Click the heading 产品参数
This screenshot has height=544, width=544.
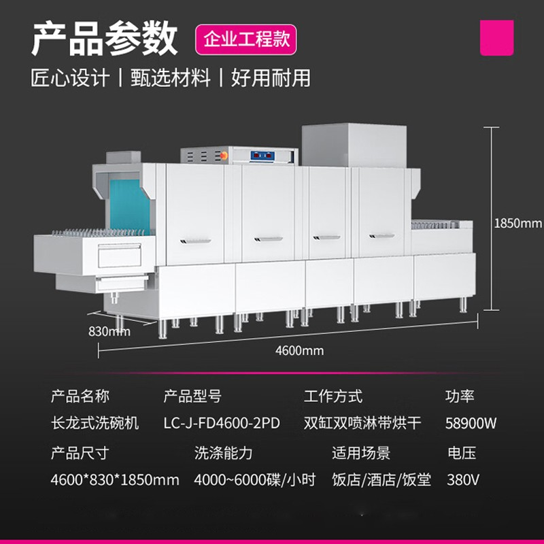point(104,39)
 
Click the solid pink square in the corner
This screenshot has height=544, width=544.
point(497,37)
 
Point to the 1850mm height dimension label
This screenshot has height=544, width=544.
point(517,223)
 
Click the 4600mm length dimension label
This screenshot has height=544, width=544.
point(299,351)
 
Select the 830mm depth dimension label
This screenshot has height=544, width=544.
point(109,332)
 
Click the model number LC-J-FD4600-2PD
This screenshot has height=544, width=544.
point(222,423)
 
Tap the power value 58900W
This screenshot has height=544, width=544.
point(471,423)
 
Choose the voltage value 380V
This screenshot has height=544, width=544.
point(463,479)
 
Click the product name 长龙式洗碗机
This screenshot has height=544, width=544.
point(95,423)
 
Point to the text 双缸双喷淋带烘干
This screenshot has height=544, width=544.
point(362,423)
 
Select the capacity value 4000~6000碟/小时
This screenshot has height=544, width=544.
point(255,479)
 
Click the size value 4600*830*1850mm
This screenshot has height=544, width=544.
point(115,479)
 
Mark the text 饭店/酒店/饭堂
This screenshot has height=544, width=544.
point(381,479)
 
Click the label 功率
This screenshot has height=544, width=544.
point(460,396)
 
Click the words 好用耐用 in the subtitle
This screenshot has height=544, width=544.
point(271,78)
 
